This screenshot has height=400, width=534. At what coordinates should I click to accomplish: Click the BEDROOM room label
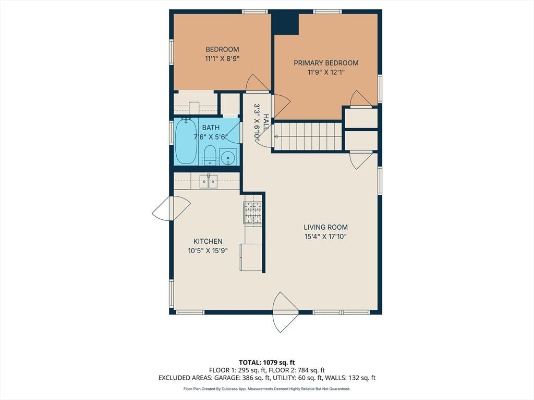222,49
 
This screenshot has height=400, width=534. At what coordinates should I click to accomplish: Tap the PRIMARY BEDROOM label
326,63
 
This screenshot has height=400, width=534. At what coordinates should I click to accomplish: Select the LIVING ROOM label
325,227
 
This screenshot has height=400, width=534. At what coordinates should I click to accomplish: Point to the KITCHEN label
208,241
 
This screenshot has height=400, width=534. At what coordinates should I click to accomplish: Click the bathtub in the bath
186,141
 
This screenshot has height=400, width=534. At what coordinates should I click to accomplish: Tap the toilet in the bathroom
210,155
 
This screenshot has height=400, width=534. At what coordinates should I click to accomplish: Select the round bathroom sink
226,158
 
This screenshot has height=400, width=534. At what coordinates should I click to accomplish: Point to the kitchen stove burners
252,213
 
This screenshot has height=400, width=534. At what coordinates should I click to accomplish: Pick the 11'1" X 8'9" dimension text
222,58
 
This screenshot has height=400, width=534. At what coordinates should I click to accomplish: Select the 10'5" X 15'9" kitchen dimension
208,251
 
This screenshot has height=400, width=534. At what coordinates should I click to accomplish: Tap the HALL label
265,121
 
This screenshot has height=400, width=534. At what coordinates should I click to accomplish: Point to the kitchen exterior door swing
171,208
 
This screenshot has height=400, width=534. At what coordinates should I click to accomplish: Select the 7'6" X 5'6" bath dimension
211,137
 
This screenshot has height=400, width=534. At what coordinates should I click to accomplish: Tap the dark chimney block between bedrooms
285,24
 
